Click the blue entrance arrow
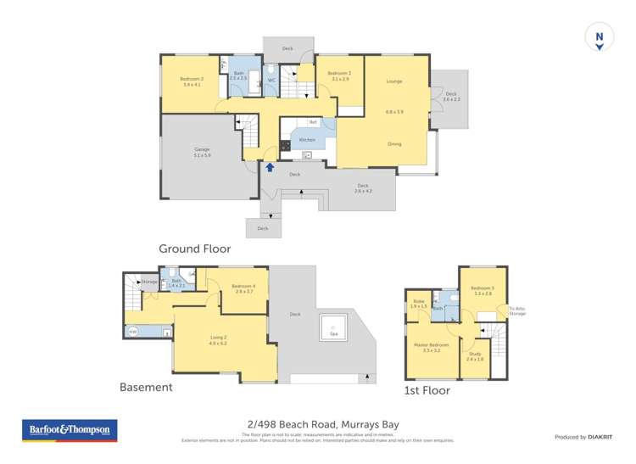point(270,167)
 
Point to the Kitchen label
point(307,140)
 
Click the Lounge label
point(394,81)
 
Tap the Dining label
point(394,143)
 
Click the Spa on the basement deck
point(333,327)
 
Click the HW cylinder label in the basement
point(133,332)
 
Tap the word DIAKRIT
point(600,437)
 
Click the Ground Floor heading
point(194,249)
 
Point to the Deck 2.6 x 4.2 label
point(362,187)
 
